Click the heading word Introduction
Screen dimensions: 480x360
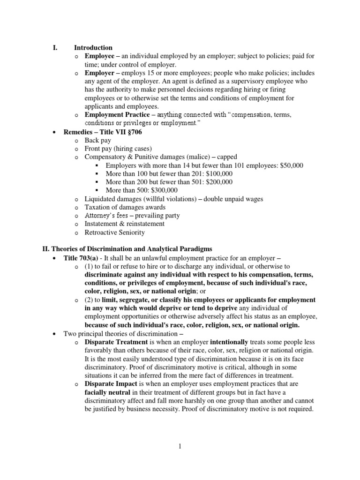click(93, 48)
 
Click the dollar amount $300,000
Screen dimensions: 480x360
click(163, 190)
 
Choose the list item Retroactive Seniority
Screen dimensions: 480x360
click(114, 232)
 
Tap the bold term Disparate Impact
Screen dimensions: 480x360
click(109, 384)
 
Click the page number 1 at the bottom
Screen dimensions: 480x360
click(180, 447)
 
